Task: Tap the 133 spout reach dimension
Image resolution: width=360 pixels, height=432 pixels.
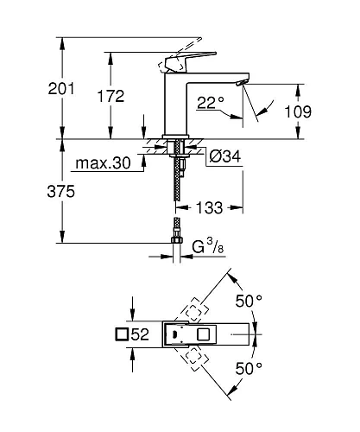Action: pyautogui.click(x=213, y=207)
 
